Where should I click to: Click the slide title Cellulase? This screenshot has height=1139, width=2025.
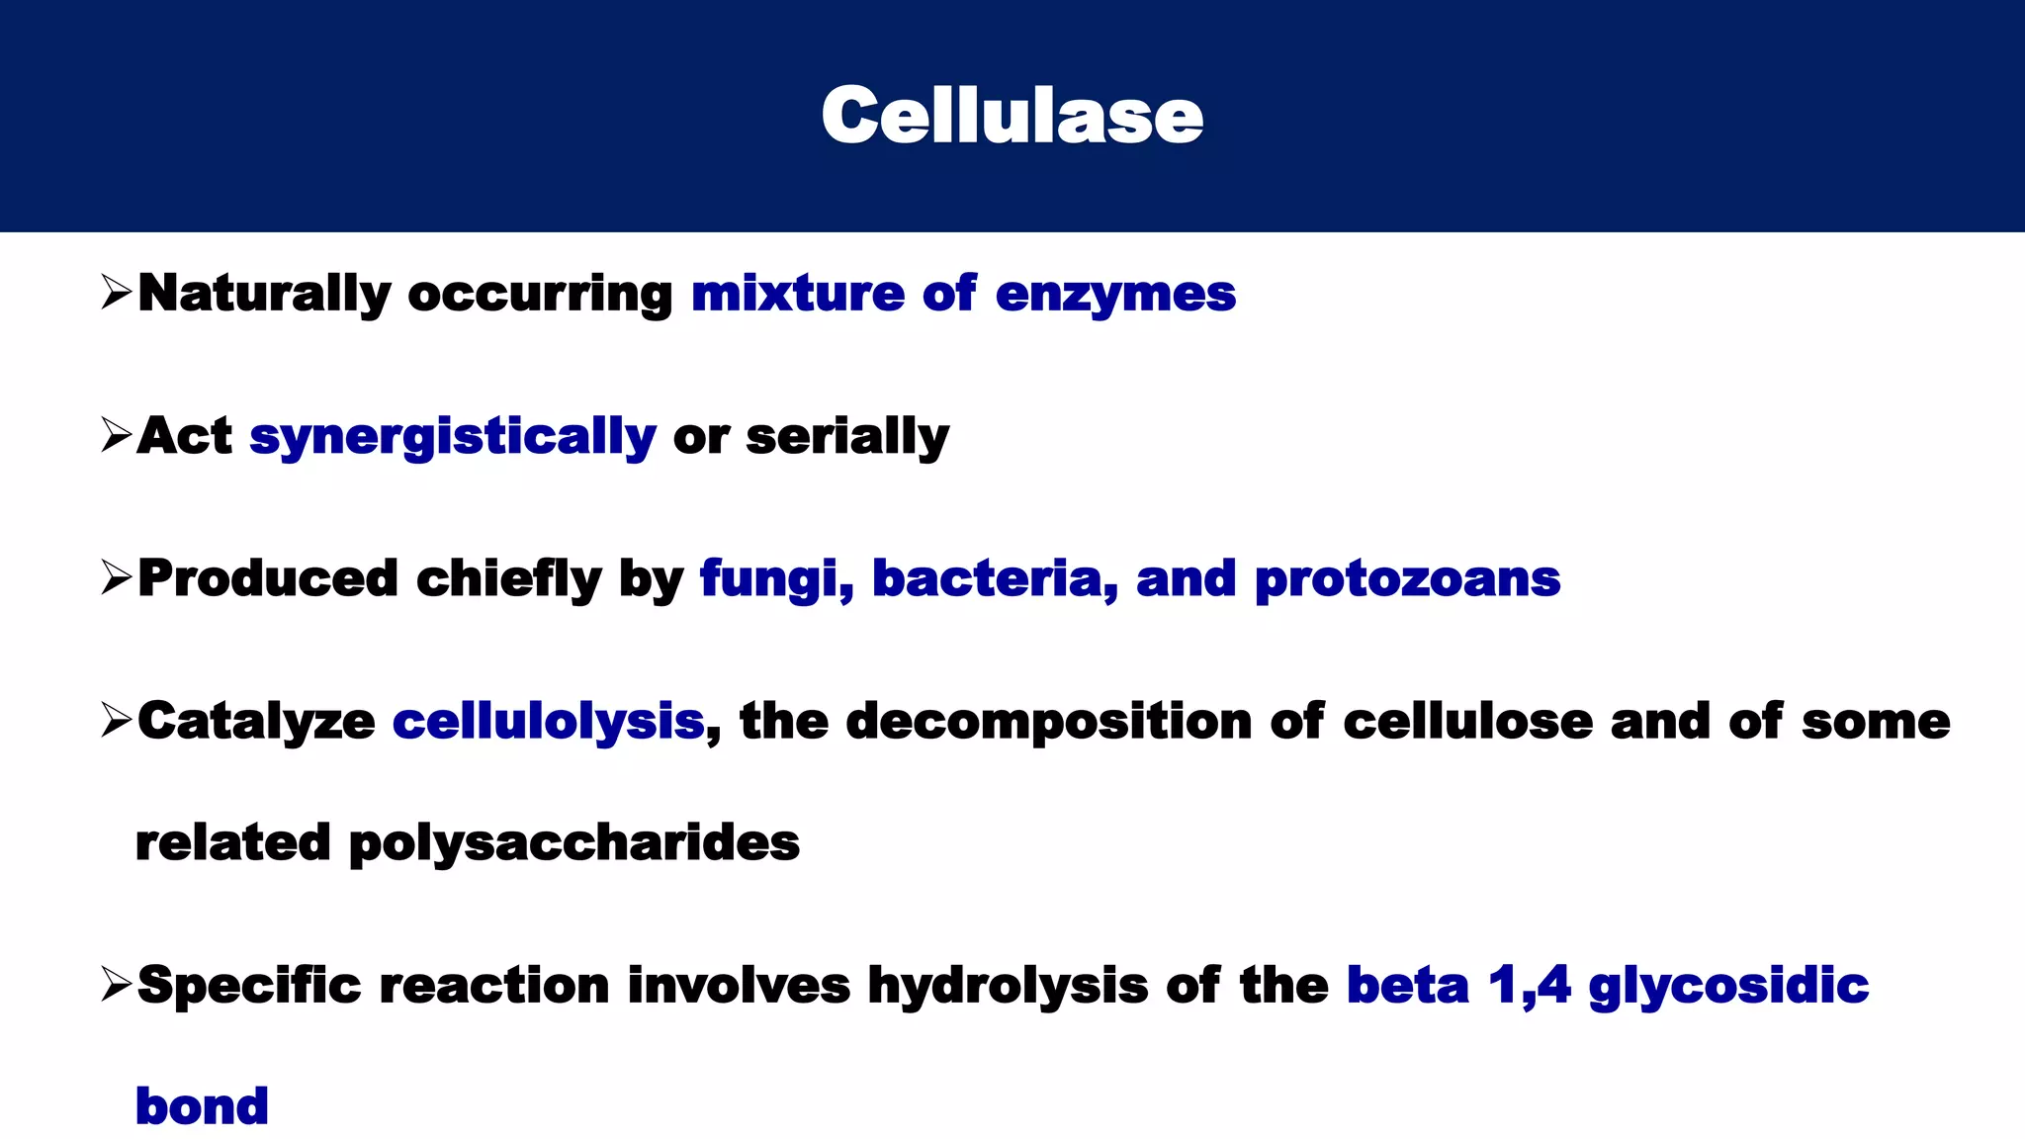1012,116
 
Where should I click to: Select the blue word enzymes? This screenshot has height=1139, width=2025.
1114,295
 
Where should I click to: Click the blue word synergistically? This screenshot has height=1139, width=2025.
452,437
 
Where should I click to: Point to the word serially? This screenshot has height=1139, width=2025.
847,437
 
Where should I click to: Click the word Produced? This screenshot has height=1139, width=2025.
267,578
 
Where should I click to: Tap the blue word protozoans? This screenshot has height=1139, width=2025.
1406,580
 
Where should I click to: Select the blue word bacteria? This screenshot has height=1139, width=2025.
994,579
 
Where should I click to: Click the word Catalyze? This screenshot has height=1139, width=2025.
256,722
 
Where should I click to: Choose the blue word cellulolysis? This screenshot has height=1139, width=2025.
549,722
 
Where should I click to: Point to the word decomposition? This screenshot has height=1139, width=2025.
1048,722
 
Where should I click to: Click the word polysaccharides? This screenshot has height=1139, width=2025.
573,844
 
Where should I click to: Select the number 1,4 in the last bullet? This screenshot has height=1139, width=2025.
1529,986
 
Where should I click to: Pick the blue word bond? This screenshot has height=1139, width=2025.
202,1106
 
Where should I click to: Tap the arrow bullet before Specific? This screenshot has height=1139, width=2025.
116,985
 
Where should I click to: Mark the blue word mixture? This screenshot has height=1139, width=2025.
797,295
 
